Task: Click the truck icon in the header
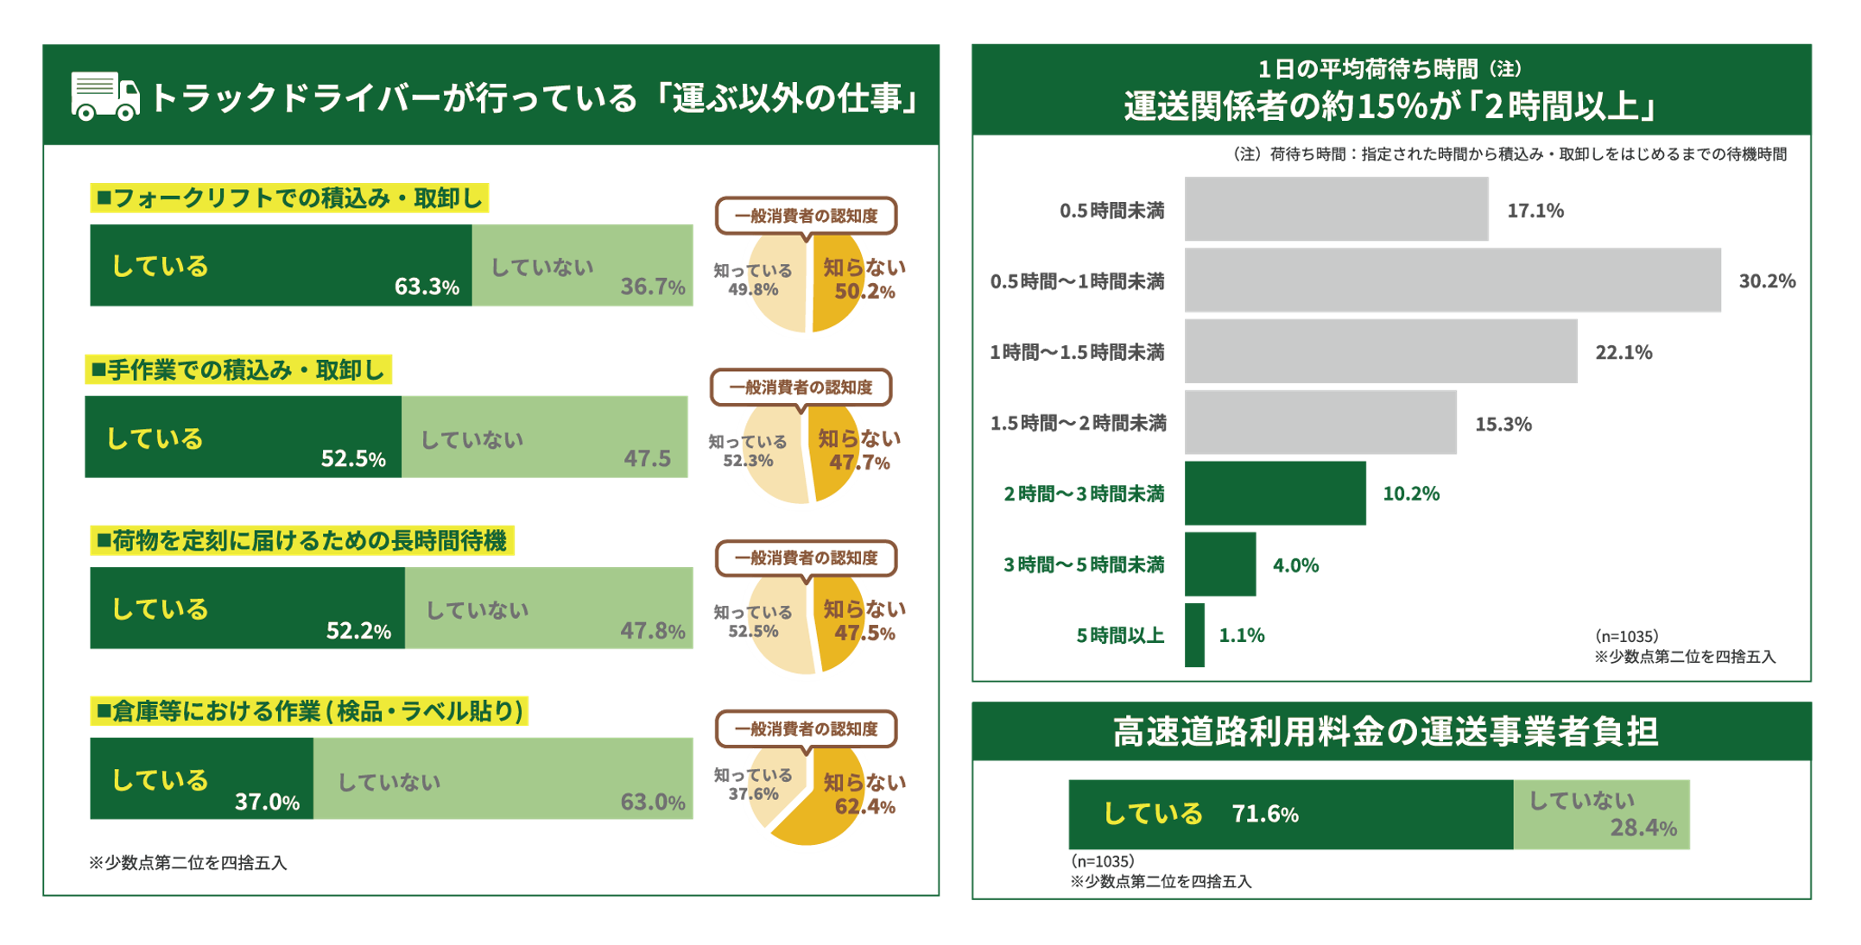104,96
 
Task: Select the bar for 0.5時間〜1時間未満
1453,280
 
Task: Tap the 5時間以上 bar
1195,635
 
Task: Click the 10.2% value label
1411,494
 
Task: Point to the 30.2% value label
1766,280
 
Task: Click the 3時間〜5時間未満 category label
1084,565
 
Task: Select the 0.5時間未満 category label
1111,211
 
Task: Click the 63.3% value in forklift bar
427,287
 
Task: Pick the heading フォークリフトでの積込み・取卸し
289,198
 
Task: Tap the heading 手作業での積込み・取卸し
238,370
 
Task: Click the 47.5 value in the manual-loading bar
647,458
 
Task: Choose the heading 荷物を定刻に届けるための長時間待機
302,541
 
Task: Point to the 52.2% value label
358,631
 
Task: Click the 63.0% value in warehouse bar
652,802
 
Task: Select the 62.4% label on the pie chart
864,807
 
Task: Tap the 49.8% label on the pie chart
753,290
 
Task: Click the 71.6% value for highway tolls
1265,815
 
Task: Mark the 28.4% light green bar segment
1601,815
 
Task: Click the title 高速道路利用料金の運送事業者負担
1385,732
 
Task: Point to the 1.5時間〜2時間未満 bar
1320,423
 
